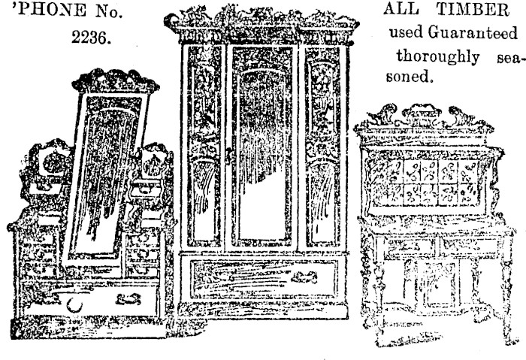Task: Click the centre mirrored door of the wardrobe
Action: [x=261, y=147]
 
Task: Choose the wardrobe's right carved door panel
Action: [x=322, y=147]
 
